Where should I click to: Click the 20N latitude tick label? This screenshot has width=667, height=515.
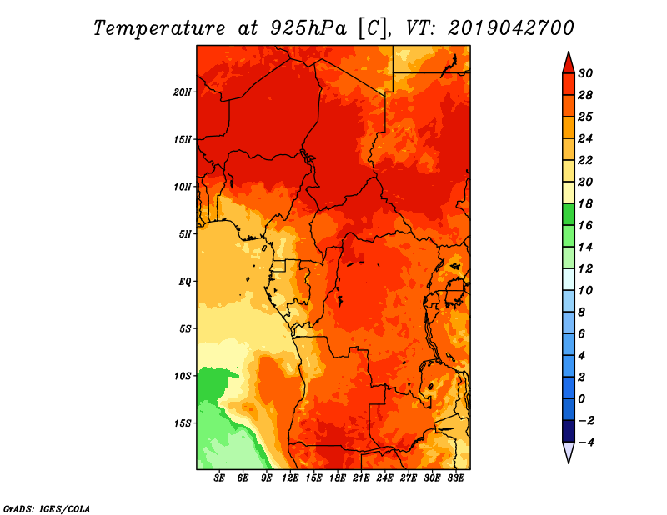[182, 92]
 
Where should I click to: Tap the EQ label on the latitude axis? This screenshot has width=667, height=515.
[185, 282]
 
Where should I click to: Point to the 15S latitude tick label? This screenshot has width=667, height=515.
[182, 423]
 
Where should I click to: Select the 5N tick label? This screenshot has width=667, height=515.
[185, 234]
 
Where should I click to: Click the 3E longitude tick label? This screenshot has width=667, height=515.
[219, 477]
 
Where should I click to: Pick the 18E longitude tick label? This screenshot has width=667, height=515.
[338, 477]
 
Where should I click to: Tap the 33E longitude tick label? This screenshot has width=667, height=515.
[455, 477]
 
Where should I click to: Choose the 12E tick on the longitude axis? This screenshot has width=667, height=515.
[290, 477]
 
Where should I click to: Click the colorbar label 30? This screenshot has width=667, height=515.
[585, 73]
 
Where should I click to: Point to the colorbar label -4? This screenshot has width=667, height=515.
[586, 442]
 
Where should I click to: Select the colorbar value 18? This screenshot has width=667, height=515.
[585, 203]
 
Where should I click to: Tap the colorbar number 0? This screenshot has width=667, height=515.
[582, 399]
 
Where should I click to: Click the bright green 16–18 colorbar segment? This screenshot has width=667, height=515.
[569, 214]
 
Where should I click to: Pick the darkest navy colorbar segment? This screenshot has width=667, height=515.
[569, 431]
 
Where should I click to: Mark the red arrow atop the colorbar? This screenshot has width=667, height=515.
[569, 63]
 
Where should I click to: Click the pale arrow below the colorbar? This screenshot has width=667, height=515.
[569, 452]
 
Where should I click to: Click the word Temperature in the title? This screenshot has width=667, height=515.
[159, 28]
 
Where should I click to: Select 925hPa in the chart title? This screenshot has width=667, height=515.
[308, 28]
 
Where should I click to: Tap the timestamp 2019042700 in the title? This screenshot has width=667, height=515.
[511, 28]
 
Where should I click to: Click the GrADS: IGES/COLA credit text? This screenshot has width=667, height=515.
[47, 509]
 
